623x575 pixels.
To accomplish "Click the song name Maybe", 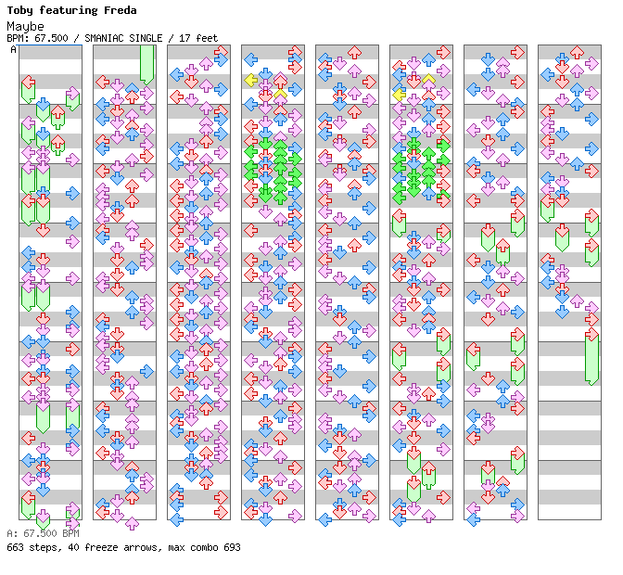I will [x=25, y=25].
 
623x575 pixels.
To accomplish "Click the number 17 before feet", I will [x=185, y=38].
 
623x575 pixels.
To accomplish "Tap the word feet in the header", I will [x=207, y=38].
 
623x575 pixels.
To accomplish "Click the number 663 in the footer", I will [x=15, y=547].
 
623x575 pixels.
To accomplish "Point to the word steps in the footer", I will [x=43, y=547].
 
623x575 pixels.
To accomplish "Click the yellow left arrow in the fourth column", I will [x=250, y=81].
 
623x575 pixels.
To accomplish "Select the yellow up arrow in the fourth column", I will [x=280, y=93].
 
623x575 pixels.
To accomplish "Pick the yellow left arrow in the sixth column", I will [x=399, y=95].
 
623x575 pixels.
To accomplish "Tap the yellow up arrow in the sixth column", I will [x=428, y=81].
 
